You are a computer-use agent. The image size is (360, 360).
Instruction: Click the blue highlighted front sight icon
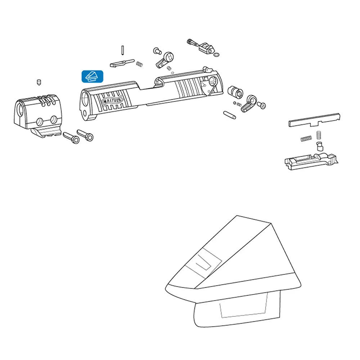point(92,76)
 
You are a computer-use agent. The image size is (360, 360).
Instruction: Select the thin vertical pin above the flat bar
point(123,50)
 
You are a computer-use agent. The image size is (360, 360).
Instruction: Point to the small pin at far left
point(39,82)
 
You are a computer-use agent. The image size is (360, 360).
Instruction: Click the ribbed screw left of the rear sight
point(192,42)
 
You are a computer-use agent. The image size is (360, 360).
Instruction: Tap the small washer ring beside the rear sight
point(216,55)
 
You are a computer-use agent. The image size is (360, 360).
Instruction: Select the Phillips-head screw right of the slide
point(261,105)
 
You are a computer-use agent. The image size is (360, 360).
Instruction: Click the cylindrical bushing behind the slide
point(235,91)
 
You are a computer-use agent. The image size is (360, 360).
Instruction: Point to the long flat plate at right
point(314,120)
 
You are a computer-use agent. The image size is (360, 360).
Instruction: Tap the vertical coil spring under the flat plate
point(319,135)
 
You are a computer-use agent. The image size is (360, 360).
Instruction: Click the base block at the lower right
point(311,161)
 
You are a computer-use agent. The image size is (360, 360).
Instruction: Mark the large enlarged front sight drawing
point(233,271)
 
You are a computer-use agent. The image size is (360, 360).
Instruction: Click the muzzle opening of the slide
point(85,99)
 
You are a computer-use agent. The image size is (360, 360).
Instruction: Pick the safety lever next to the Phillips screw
point(249,103)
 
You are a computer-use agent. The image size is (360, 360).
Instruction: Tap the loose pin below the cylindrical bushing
point(229,115)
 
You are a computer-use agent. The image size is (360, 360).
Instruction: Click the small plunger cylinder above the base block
point(320,146)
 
